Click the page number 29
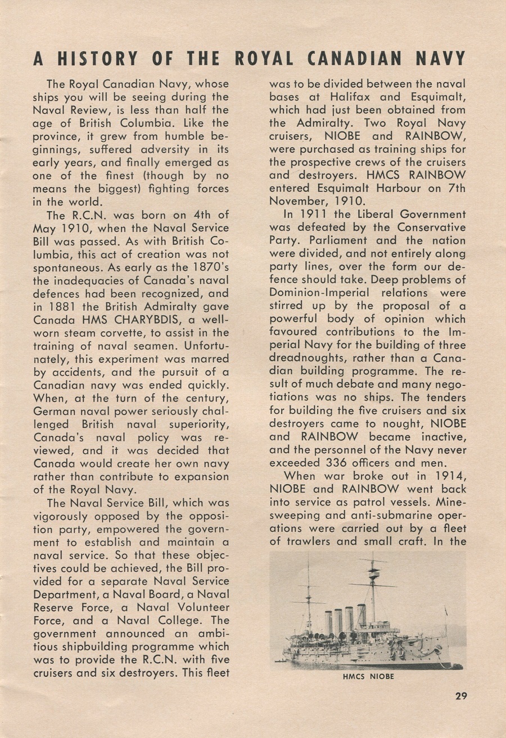click(x=462, y=696)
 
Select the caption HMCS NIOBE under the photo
click(x=368, y=677)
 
